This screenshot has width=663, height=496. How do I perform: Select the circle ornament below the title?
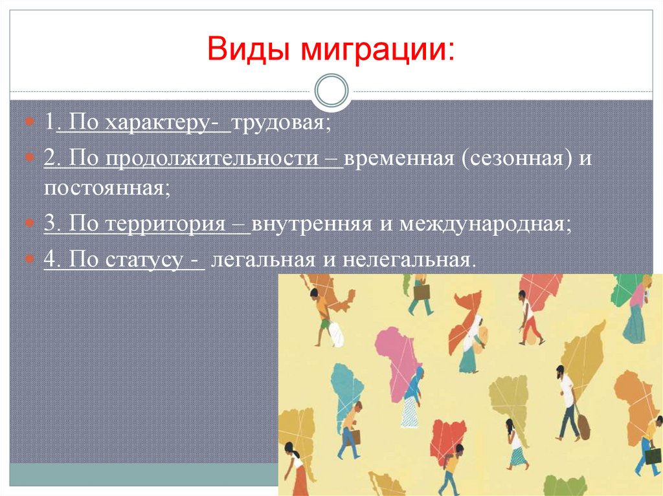331,91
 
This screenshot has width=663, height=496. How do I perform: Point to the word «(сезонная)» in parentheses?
517,159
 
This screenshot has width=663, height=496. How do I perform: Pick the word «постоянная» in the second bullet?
107,188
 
